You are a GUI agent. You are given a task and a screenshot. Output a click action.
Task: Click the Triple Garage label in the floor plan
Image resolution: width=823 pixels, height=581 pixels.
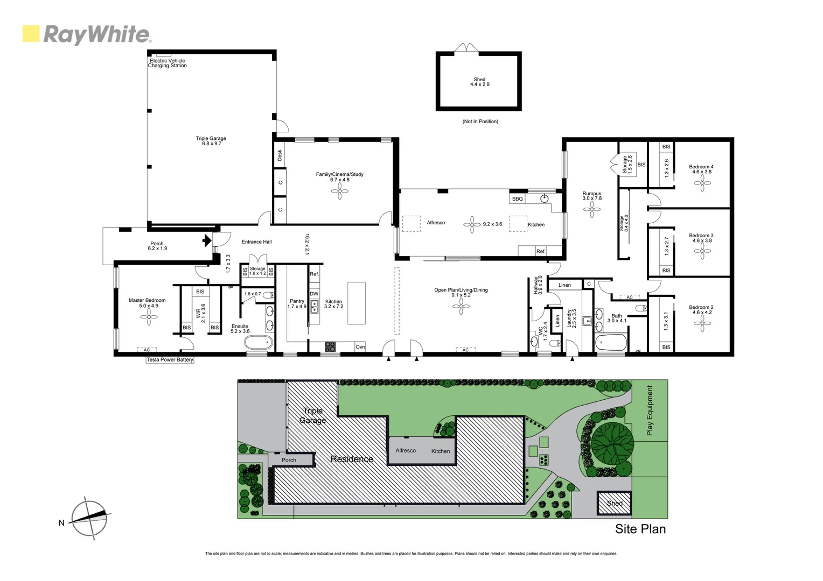coord(211,139)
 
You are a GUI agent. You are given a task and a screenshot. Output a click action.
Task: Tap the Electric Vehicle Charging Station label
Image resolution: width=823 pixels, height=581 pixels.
coord(168,63)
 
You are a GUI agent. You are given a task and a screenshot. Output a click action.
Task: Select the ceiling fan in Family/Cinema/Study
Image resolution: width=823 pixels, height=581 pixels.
coord(339,191)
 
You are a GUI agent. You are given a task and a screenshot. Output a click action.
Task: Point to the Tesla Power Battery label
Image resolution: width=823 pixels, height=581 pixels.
coord(170,360)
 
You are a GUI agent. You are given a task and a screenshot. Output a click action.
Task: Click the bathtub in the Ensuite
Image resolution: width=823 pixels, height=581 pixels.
coord(259,342)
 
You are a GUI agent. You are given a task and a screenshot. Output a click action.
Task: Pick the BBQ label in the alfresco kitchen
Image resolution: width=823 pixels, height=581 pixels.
coord(517,199)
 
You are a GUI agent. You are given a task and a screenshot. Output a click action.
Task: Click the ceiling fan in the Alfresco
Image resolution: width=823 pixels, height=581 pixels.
coord(472,224)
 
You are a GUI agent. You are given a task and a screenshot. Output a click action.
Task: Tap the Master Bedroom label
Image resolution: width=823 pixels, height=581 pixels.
coord(147,301)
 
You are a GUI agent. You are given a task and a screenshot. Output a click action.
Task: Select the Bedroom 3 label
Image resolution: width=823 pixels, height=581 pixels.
coord(701,236)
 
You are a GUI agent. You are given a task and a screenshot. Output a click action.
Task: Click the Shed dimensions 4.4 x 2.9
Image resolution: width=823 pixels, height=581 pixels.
coord(479,84)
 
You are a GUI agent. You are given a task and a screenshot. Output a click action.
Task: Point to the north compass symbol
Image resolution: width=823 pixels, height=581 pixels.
coord(89,518)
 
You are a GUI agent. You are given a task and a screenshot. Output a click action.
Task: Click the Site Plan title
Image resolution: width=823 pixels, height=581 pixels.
coord(640,529)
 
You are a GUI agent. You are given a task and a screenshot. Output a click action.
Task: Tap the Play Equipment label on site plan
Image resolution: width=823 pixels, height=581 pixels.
coord(650,410)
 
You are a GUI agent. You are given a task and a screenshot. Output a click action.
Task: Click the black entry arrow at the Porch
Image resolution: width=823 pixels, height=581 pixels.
coord(207,240)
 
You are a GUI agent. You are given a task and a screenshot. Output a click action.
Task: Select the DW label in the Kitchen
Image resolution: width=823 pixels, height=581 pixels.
coord(314,294)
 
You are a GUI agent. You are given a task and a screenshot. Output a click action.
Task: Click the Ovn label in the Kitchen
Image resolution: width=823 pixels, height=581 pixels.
coord(360,347)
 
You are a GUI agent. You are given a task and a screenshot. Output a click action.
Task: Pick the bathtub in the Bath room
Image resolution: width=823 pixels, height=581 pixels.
coord(611,342)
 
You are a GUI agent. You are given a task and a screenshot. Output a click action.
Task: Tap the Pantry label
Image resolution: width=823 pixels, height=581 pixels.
coord(297,302)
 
